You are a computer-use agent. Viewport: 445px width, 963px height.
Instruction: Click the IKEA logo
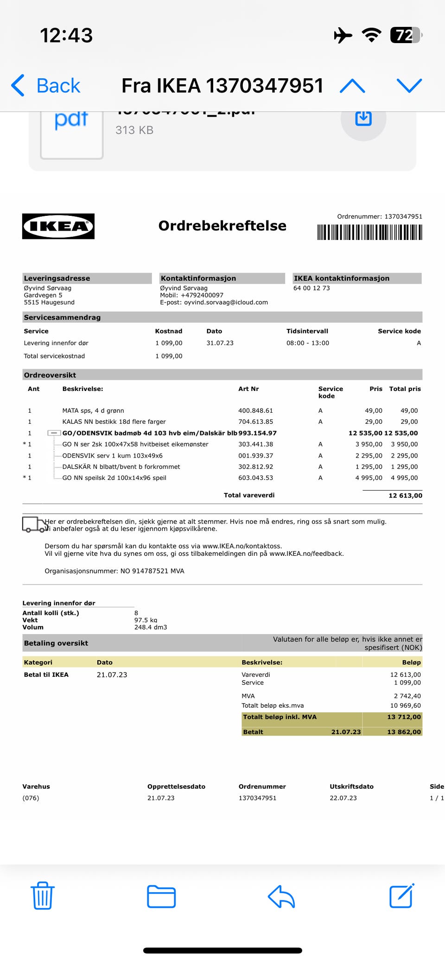tap(58, 227)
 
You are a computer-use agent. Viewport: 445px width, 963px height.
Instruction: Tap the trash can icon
tap(43, 896)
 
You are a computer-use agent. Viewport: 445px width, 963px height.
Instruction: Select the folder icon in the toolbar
tap(161, 896)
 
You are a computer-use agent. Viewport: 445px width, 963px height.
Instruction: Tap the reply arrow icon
tap(281, 896)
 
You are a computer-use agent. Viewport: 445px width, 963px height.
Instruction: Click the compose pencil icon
tap(401, 896)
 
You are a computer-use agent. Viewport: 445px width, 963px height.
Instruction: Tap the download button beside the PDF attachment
tap(363, 119)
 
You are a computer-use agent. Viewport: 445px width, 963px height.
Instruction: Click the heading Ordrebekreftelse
tap(222, 226)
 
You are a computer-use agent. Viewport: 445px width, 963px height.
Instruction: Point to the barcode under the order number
tap(369, 232)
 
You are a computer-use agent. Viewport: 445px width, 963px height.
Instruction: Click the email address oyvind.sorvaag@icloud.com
tap(226, 302)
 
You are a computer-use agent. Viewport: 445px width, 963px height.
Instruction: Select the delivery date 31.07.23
tap(220, 343)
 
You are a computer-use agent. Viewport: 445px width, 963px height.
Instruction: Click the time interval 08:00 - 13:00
tap(308, 343)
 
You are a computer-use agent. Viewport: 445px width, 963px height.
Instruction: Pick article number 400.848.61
tap(255, 411)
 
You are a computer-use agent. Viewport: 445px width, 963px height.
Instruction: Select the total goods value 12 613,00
tap(405, 496)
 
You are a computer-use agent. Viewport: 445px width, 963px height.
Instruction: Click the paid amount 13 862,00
tap(404, 732)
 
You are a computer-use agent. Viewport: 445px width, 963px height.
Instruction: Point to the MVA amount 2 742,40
tap(407, 696)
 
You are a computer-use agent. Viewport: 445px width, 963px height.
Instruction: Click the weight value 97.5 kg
tap(146, 620)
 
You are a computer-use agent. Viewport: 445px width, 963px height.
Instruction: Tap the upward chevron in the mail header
tap(352, 86)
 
